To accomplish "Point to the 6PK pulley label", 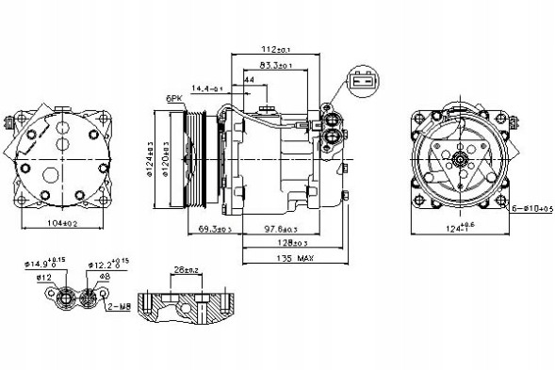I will pos(173,97).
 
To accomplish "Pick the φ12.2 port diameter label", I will pos(104,266).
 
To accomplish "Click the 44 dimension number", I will pos(249,81).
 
